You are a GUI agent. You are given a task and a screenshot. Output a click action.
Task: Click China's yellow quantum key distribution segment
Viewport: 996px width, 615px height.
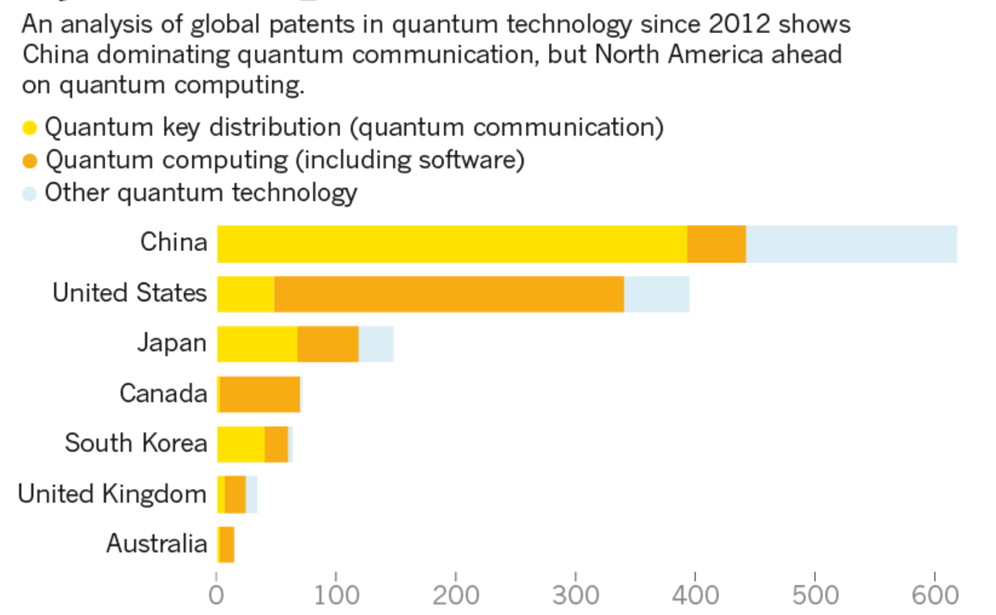452,244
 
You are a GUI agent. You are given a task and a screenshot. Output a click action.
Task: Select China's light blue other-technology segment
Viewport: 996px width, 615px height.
851,244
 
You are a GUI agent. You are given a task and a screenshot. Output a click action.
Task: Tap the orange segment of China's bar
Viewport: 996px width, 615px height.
716,244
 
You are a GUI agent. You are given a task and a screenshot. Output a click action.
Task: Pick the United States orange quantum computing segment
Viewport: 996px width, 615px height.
449,294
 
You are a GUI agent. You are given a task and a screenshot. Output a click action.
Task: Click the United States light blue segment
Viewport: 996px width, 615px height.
656,294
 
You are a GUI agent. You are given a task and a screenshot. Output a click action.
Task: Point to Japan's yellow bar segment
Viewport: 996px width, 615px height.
257,344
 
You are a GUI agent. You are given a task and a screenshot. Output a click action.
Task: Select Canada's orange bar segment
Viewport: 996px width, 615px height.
259,394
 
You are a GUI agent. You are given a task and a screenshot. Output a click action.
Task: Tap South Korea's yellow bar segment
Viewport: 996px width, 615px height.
241,444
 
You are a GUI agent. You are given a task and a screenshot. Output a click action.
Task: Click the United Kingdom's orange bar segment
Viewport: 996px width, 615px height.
235,494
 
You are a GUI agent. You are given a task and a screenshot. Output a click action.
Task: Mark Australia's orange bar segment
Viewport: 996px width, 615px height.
227,544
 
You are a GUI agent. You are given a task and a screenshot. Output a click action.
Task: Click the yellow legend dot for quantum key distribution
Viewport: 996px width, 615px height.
30,128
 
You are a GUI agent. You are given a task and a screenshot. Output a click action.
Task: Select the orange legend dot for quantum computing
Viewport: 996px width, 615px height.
30,161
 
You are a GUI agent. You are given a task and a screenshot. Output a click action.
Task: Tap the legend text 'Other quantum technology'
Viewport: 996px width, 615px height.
200,193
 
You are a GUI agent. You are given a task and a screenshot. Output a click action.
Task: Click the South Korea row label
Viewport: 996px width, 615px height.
136,443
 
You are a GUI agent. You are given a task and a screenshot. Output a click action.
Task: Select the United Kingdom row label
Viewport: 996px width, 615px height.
112,493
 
